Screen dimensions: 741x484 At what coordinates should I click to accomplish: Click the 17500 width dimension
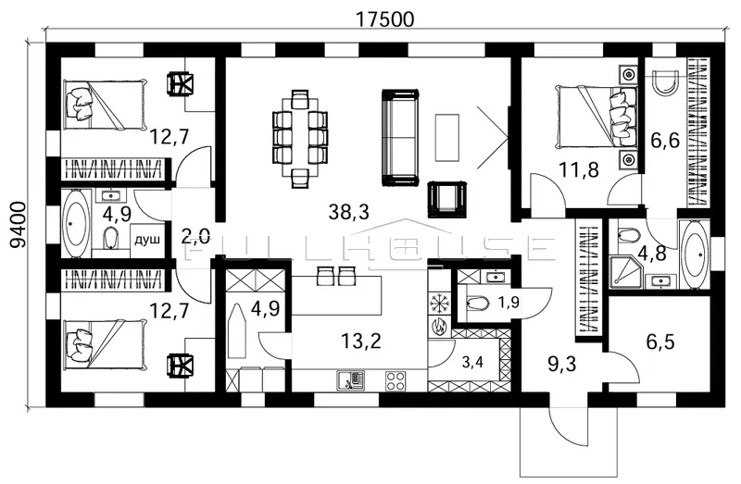coord(384,19)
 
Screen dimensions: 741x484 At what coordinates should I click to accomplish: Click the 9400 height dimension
coord(18,224)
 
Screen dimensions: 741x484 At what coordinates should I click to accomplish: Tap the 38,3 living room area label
coord(349,212)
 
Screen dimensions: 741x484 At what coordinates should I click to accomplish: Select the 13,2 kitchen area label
coord(360,340)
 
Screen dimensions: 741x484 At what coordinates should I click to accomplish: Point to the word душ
coord(147,240)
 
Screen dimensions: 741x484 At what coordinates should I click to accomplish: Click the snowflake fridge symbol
coord(439,304)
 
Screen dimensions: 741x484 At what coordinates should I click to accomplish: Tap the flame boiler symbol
coord(438,327)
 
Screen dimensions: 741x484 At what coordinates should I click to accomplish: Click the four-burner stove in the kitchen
coord(396,380)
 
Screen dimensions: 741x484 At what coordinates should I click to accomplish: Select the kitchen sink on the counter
coord(350,380)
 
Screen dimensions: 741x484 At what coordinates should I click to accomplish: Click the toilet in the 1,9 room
coord(477,303)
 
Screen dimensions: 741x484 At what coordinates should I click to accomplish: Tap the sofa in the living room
coord(400,137)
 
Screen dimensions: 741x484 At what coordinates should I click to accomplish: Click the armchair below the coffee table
coord(447,199)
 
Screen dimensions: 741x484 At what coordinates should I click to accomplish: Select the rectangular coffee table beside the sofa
coord(447,137)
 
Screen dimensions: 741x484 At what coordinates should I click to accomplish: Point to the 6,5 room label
coord(660,341)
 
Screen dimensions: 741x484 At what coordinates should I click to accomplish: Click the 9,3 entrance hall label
coord(562,364)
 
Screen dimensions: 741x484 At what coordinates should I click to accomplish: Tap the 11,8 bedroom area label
coord(578,169)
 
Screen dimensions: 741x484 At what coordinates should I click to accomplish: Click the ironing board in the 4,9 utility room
coord(238,330)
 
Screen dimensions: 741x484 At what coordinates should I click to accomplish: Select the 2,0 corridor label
coord(195,236)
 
